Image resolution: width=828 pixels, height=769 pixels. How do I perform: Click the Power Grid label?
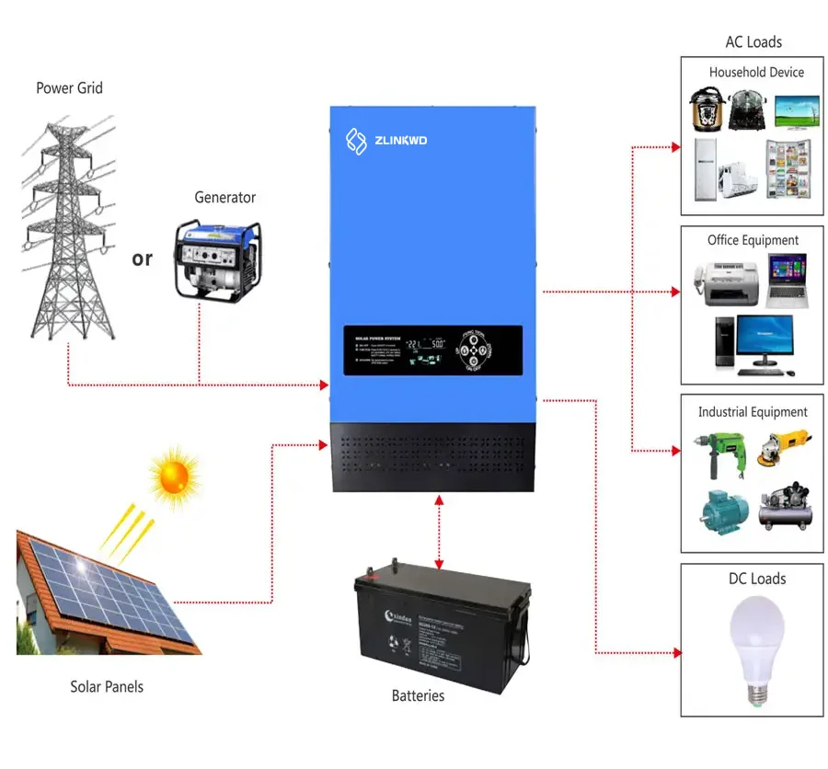[x=69, y=88]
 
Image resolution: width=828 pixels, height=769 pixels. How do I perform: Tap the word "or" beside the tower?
[x=142, y=258]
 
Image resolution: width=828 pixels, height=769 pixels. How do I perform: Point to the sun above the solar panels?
[x=173, y=476]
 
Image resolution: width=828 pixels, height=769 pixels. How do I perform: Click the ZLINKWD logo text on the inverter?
[x=399, y=140]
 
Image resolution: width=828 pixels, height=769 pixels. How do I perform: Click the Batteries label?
[x=418, y=695]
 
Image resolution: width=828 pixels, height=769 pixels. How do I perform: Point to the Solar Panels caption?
[x=107, y=686]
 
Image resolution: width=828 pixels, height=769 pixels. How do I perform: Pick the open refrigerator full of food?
[x=788, y=169]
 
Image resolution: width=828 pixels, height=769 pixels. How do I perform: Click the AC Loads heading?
[x=753, y=42]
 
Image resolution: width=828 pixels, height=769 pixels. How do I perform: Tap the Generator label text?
[x=224, y=198]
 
